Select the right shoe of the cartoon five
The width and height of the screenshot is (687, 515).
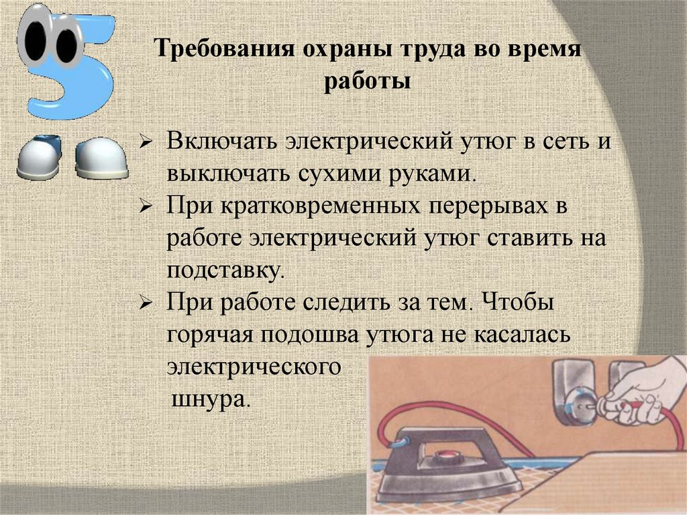tap(101, 160)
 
